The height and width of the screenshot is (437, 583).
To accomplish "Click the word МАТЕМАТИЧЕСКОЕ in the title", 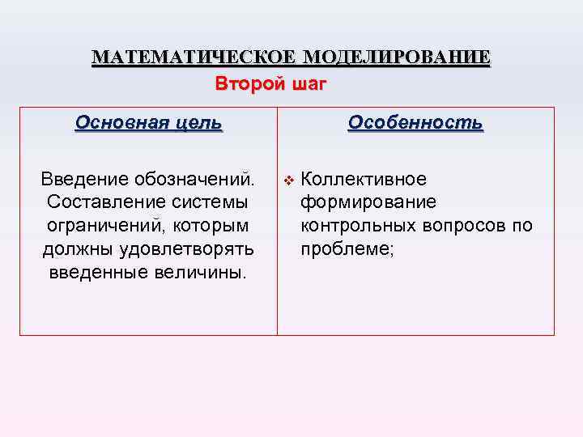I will tap(194, 57).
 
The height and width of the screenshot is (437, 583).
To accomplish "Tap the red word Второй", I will tap(246, 83).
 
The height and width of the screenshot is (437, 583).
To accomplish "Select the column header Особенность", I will tap(415, 123).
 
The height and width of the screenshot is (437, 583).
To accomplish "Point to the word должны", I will tap(69, 248).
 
